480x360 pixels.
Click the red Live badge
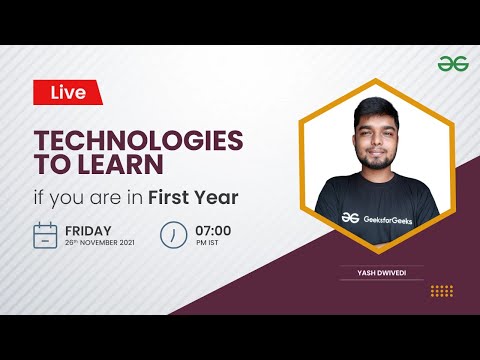click(x=68, y=92)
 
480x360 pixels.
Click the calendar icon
click(x=45, y=235)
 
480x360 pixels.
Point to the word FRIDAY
click(x=89, y=229)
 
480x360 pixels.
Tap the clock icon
click(x=174, y=235)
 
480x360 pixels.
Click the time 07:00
click(x=214, y=229)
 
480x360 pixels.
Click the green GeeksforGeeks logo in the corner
click(x=452, y=63)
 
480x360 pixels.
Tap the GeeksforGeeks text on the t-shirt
click(x=391, y=218)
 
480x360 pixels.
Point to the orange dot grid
click(x=441, y=291)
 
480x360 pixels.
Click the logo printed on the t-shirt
click(x=350, y=217)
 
